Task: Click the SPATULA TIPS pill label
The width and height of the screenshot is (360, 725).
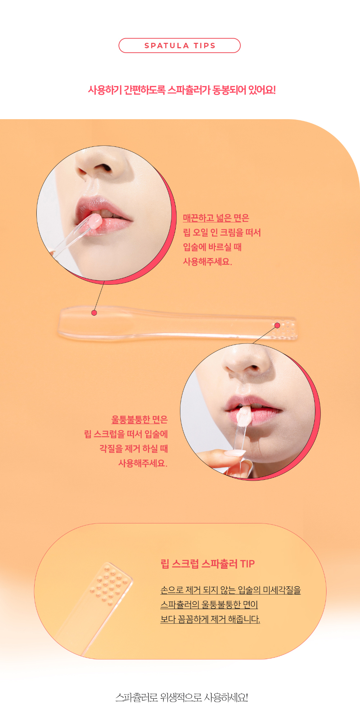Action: point(180,46)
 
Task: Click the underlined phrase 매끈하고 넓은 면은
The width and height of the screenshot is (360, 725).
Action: point(216,218)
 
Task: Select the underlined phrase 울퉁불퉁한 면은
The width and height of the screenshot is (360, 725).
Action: point(140,419)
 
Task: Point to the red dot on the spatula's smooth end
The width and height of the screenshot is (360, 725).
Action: point(94,313)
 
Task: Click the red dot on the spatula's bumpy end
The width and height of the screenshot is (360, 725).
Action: point(277,325)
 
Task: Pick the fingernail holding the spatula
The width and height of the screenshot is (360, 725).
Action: point(235,453)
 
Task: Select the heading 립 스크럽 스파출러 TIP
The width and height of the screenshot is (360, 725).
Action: point(207,564)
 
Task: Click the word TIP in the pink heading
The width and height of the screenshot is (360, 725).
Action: point(247,564)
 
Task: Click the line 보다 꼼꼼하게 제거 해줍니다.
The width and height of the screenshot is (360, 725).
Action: point(210,619)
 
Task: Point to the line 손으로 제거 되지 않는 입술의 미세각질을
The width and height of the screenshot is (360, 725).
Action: point(230,590)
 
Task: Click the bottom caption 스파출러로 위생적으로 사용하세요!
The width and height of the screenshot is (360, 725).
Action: point(181,698)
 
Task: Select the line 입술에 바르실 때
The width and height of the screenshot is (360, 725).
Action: point(212,247)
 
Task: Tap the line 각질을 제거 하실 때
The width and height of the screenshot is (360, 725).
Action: point(134,449)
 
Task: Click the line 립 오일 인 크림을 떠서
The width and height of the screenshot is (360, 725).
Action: point(222,233)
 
